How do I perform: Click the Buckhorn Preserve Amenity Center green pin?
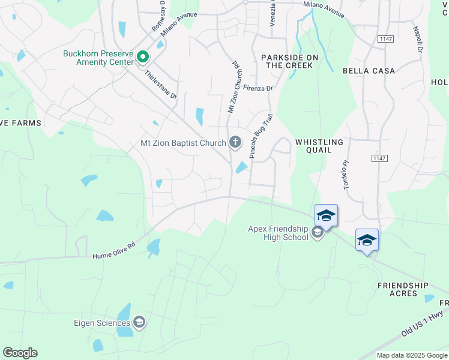point(143,58)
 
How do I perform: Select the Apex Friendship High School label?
point(278,232)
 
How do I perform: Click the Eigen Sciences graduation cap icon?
point(139,323)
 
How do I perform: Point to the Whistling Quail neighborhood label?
point(319,146)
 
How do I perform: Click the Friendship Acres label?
point(403,289)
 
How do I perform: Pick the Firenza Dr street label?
point(258,88)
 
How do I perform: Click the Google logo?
point(20,353)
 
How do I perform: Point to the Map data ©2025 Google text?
point(411,355)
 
